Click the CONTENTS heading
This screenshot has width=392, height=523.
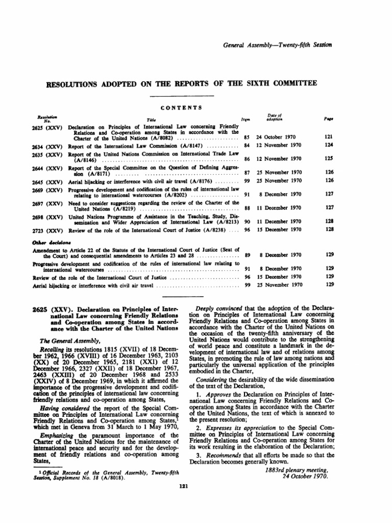click(x=182, y=107)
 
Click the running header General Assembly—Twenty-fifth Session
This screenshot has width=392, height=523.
click(x=278, y=45)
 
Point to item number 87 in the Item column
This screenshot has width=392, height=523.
click(x=247, y=172)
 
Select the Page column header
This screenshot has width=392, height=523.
click(x=329, y=117)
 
